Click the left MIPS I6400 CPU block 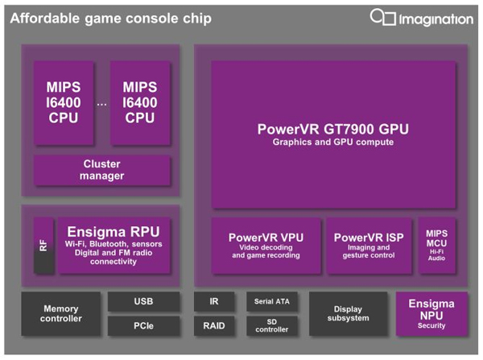point(64,102)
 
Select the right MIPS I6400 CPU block point(140,102)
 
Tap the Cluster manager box point(101,170)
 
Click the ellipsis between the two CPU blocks point(101,105)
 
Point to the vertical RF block point(43,246)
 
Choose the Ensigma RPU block point(114,246)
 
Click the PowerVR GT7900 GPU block point(333,134)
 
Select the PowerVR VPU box point(266,246)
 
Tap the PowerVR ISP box point(369,246)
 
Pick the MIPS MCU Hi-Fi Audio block point(437,246)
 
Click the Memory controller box point(60,314)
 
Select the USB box point(143,301)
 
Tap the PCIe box point(143,326)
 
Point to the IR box point(214,301)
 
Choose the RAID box point(214,326)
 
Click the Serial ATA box point(272,301)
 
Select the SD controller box point(272,326)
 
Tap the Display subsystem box point(348,314)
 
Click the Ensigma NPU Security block point(431,314)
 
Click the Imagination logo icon point(383,17)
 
